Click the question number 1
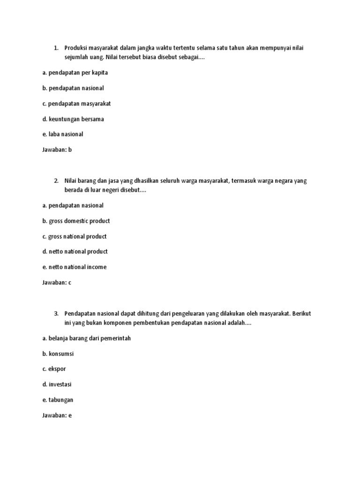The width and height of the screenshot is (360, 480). pyautogui.click(x=55, y=48)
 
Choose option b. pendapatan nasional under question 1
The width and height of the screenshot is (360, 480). pyautogui.click(x=73, y=88)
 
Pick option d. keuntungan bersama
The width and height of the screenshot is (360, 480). pyautogui.click(x=73, y=119)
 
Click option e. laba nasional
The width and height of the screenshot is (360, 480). pyautogui.click(x=62, y=134)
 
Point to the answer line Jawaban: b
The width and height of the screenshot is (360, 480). pyautogui.click(x=57, y=150)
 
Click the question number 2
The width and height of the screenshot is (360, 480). pyautogui.click(x=55, y=180)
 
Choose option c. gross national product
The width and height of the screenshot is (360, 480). pyautogui.click(x=74, y=236)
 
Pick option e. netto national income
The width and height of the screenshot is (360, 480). pyautogui.click(x=74, y=267)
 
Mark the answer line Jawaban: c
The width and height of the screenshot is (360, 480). pyautogui.click(x=56, y=283)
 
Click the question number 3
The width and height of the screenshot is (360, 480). pyautogui.click(x=55, y=314)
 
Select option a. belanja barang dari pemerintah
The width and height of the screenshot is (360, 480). pyautogui.click(x=86, y=338)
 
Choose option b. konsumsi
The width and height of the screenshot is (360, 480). pyautogui.click(x=58, y=354)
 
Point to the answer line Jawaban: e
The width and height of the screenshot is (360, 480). pyautogui.click(x=56, y=415)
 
